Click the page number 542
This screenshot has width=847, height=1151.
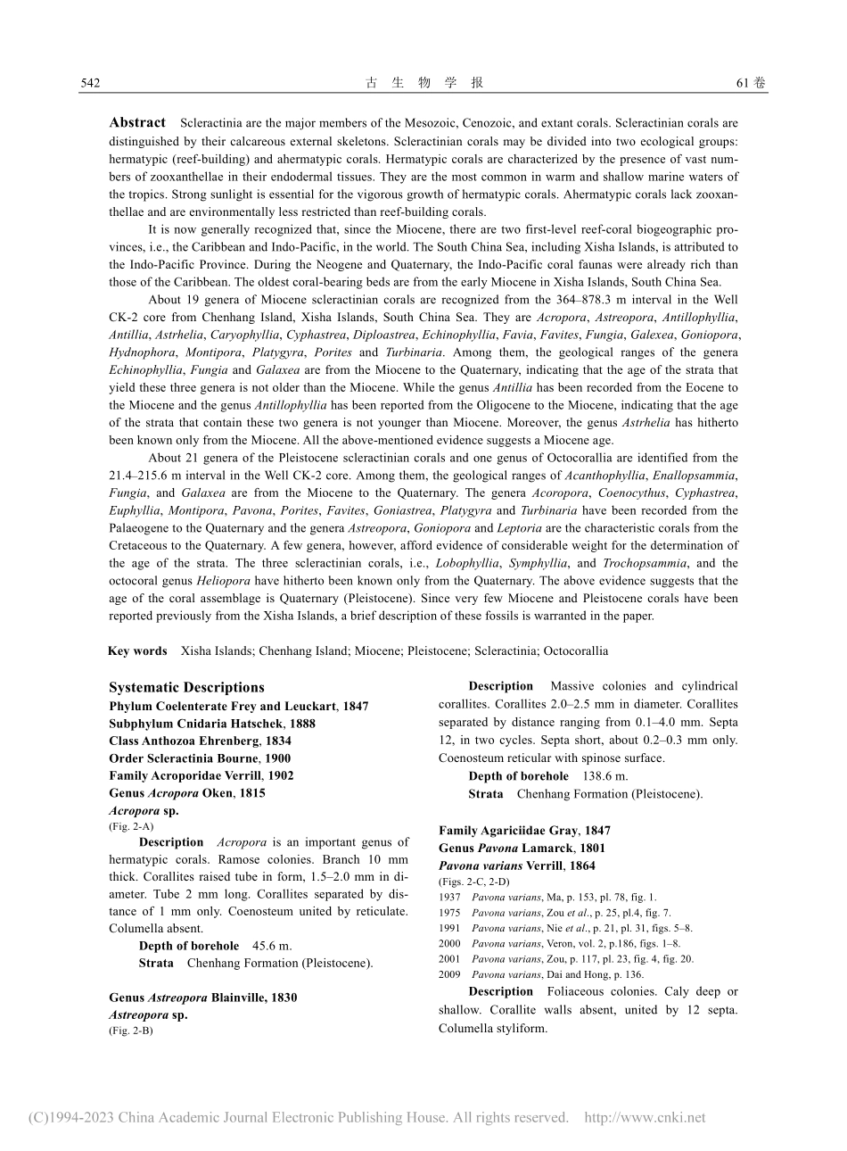tap(89, 83)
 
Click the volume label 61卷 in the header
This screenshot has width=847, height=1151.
tap(751, 83)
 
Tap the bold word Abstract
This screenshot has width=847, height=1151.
tap(137, 122)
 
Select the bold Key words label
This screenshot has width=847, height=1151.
tap(137, 650)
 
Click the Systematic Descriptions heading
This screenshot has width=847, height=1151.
tap(186, 687)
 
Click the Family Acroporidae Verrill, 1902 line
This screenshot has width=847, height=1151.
tap(201, 776)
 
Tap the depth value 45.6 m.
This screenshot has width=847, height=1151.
tap(271, 946)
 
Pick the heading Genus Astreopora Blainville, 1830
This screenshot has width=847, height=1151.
tap(203, 998)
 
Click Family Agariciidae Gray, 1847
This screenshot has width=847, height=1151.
tap(524, 831)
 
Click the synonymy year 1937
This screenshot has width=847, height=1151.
tap(449, 898)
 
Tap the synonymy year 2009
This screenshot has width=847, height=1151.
tap(449, 975)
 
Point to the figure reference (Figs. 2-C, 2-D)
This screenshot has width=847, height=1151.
tap(474, 882)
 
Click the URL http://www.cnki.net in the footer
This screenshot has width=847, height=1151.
tap(644, 1117)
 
